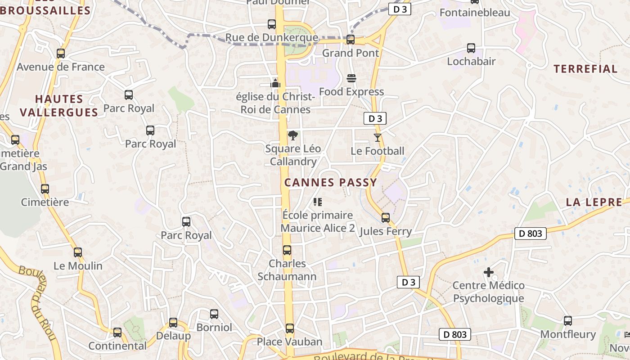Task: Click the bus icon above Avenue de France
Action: coord(61,54)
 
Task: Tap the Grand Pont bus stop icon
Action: coord(351,40)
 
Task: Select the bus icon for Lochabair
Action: coord(471,48)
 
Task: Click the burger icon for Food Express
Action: coord(351,78)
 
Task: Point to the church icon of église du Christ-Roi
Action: coord(275,83)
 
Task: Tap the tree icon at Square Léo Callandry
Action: coord(292,135)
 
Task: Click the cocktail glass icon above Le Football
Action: coord(377,137)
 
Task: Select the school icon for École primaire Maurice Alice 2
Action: coord(318,202)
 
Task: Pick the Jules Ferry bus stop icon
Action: coord(386,218)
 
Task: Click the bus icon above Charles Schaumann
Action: coord(287,250)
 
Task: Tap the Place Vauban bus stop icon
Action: coord(290,328)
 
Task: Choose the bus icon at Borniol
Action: coord(214,314)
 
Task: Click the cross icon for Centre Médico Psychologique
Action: coord(488,272)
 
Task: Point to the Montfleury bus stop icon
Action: coord(568,321)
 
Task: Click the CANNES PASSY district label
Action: coord(331,182)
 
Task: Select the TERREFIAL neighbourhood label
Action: coord(585,69)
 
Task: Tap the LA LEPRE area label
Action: coord(594,202)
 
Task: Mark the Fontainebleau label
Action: coord(475,12)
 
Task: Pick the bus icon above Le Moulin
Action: coord(78,252)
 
